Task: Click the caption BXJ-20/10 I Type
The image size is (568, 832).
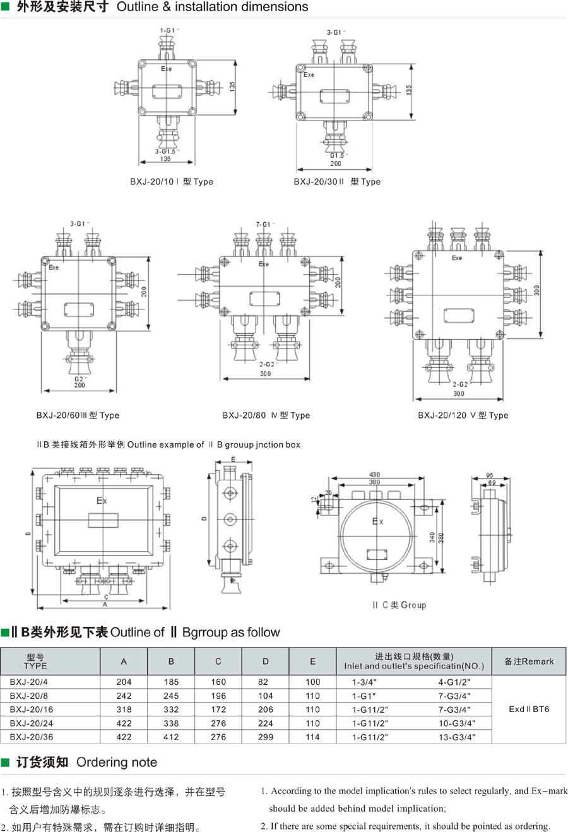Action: tap(172, 182)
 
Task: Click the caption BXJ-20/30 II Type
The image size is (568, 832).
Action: tap(337, 182)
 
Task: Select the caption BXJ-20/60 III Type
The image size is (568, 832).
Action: tap(78, 415)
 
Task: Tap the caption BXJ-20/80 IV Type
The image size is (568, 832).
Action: tap(266, 415)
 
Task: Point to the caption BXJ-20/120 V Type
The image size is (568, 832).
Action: tap(463, 415)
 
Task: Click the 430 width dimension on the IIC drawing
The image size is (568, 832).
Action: tap(374, 475)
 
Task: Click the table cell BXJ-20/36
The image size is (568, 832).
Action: tap(32, 737)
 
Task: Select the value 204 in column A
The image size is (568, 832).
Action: tap(124, 682)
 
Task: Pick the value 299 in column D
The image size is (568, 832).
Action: tap(265, 737)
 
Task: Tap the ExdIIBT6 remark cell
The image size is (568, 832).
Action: tap(529, 709)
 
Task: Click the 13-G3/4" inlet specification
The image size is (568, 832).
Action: tap(457, 737)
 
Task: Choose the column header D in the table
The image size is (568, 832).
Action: tap(265, 662)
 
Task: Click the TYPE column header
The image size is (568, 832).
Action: tap(35, 662)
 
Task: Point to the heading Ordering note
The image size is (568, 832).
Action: tap(117, 763)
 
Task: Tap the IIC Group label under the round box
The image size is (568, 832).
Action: tap(399, 605)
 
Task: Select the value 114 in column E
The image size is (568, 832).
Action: tap(312, 737)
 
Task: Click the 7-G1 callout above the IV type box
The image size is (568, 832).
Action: tap(264, 224)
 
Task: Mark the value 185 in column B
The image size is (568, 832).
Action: tap(171, 682)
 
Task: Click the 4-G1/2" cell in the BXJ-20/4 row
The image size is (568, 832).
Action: tap(454, 682)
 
